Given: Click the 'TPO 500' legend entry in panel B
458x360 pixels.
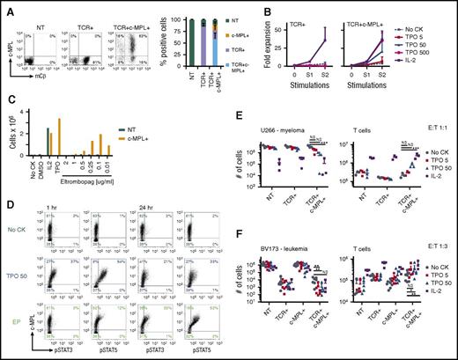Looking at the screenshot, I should coord(435,51).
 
